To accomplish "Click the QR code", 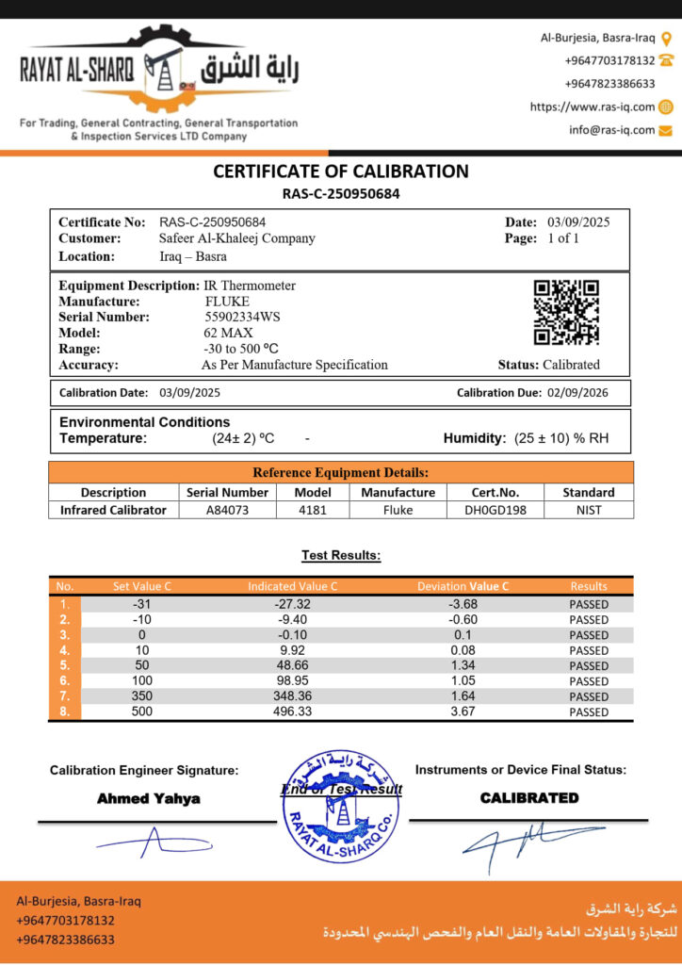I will tap(566, 312).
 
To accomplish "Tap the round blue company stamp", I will tap(340, 802).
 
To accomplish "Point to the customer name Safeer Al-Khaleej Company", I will tap(237, 238).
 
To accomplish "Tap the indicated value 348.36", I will tap(291, 696).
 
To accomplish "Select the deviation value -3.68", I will tap(463, 604).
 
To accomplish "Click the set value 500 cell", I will tap(141, 711).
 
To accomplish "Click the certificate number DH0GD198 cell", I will tap(495, 510).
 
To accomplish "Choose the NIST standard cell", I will tap(589, 510).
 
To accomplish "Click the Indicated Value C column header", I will tap(292, 586).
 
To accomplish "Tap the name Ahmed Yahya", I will tap(149, 798).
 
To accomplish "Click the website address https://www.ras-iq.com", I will tap(593, 107).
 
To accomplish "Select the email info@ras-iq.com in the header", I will tap(611, 130).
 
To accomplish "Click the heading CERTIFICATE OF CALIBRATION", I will tap(341, 172).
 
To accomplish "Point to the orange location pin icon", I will tap(666, 39).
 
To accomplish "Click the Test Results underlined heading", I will tap(341, 555).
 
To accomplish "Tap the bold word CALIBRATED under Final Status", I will tap(529, 797).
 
